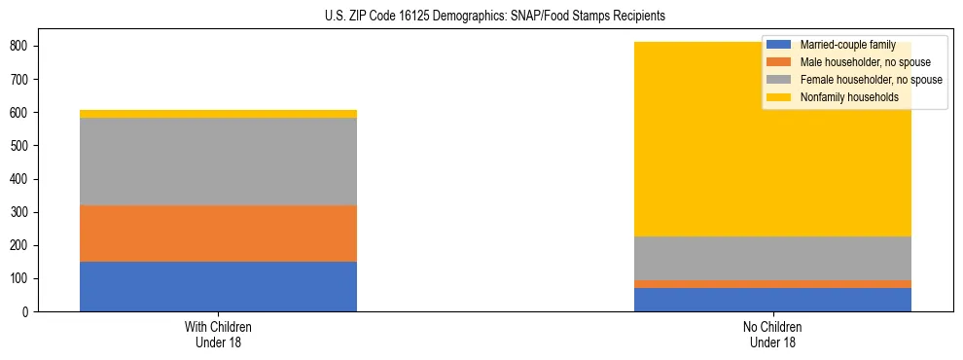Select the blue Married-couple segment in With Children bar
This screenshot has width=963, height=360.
[x=218, y=286]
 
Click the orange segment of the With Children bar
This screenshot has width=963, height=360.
[x=218, y=234]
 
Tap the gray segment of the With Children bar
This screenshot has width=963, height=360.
[x=218, y=162]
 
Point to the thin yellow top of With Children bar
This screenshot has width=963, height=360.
[x=218, y=114]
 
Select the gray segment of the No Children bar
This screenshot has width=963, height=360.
[x=772, y=258]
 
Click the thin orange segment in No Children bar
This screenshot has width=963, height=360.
[x=772, y=284]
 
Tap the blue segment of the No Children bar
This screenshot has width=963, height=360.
[x=772, y=300]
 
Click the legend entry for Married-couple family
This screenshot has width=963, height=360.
[x=847, y=46]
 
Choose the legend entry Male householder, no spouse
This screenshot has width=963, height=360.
[x=865, y=63]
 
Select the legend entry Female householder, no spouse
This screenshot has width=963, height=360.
[x=871, y=80]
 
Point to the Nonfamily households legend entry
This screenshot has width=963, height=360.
[x=848, y=97]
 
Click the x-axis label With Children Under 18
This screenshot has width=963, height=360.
[x=218, y=334]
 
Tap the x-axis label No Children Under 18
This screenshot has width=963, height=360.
[x=772, y=334]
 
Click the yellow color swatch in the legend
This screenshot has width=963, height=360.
[x=779, y=97]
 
